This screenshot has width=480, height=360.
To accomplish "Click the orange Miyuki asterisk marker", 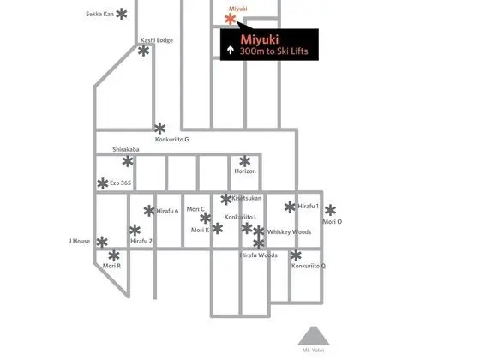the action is pos(231,19).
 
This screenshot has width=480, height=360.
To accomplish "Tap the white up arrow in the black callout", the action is pos(231,51).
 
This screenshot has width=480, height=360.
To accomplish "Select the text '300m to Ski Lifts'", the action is pos(273,51).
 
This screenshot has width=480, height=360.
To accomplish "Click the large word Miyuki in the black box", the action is pos(259,39).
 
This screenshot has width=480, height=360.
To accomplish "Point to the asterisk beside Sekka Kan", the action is pos(122,14).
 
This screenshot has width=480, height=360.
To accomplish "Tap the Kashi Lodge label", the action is pos(156,40).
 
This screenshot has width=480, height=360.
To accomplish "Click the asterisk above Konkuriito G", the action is pos(159,129).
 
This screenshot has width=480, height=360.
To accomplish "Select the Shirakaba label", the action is pos(126,149).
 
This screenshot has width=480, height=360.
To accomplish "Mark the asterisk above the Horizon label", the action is pos(245,161).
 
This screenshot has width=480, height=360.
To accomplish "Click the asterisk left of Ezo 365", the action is pos(103,183).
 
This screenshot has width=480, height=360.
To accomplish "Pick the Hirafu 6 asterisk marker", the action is pos(149,211).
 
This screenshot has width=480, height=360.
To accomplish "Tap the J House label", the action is pos(79,241).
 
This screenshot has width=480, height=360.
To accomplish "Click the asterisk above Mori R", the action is pos(114,255).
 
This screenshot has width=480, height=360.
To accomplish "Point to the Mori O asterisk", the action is pos(330,210).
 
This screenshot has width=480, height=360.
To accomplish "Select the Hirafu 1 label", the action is pos(308,207).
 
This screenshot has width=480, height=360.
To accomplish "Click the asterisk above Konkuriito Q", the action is pos(296,255).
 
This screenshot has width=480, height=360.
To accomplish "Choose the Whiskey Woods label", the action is pos(289,231).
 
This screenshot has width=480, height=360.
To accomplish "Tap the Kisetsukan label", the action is pos(247,198).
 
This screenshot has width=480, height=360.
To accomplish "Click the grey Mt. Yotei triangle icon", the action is pos(314,336).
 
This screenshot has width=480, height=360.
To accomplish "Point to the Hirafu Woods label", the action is pos(259,255).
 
